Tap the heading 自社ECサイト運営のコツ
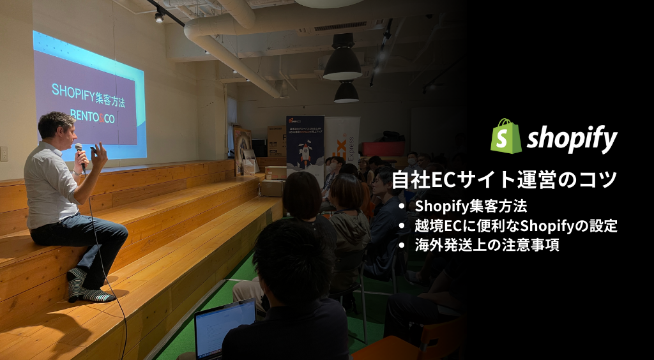(504, 180)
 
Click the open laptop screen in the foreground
(224, 328)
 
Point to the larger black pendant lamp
(342, 64)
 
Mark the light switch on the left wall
(4, 154)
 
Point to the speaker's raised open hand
(99, 154)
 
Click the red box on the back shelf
(382, 149)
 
